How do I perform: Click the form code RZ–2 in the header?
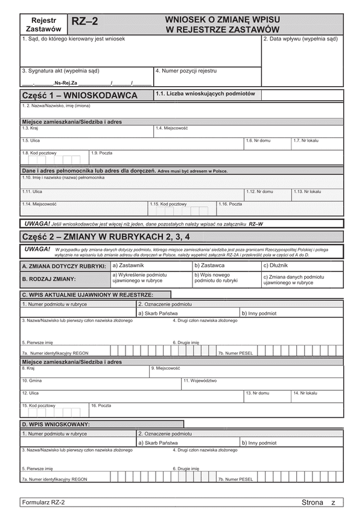[x=85, y=23]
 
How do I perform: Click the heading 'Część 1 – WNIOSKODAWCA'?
[x=78, y=95]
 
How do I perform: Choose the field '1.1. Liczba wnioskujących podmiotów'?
[x=205, y=93]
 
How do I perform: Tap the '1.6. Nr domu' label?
[x=258, y=140]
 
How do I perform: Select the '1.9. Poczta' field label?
[x=102, y=153]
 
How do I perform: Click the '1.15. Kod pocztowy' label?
[x=168, y=204]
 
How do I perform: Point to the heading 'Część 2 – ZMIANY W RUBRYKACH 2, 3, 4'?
[x=106, y=236]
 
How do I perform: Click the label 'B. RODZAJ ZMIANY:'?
[x=49, y=279]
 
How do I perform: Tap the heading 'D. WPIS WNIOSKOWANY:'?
[x=56, y=425]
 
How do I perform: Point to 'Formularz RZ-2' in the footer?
[x=43, y=502]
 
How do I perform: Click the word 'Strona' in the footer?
[x=313, y=502]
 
